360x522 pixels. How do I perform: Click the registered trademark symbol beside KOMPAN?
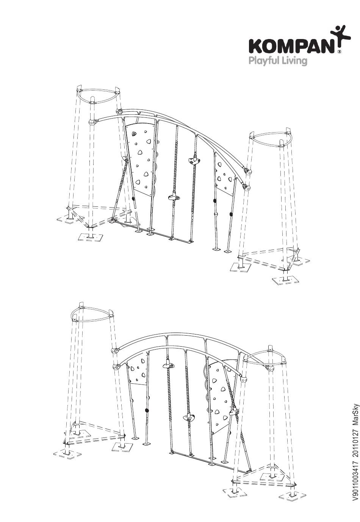338,52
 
